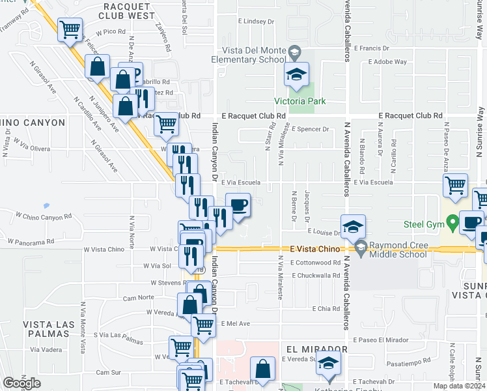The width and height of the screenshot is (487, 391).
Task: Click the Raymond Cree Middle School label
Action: tap(398, 250)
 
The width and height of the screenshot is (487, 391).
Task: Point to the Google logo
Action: tap(21, 383)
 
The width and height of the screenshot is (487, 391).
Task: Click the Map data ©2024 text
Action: tap(458, 386)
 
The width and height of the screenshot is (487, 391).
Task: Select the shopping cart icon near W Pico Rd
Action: tap(70, 30)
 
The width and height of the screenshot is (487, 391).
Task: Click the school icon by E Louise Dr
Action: tap(353, 227)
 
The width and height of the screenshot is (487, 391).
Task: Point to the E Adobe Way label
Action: tap(387, 62)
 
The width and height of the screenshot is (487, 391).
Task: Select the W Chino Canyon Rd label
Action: tap(44, 216)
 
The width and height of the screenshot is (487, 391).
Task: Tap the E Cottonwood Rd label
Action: tap(316, 263)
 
